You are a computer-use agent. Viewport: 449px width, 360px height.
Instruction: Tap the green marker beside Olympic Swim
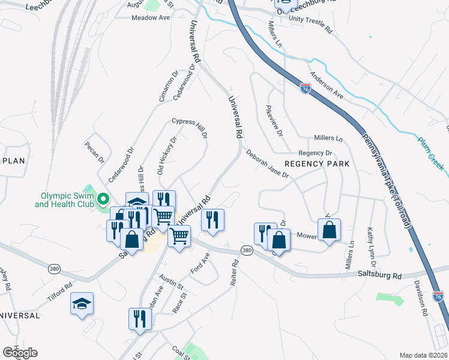point(103,199)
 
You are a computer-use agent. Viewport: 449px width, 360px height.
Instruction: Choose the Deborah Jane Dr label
point(268,164)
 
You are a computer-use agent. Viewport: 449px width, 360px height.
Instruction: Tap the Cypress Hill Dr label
point(190,128)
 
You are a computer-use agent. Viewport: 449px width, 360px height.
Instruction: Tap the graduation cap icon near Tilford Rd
point(82,304)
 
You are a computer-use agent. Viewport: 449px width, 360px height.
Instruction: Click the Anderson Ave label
point(326,86)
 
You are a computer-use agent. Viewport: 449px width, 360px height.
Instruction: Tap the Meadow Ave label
point(151,18)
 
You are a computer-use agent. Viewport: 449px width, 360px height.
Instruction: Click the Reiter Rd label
point(236,271)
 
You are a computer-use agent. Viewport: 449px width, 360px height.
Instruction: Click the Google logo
point(20,352)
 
